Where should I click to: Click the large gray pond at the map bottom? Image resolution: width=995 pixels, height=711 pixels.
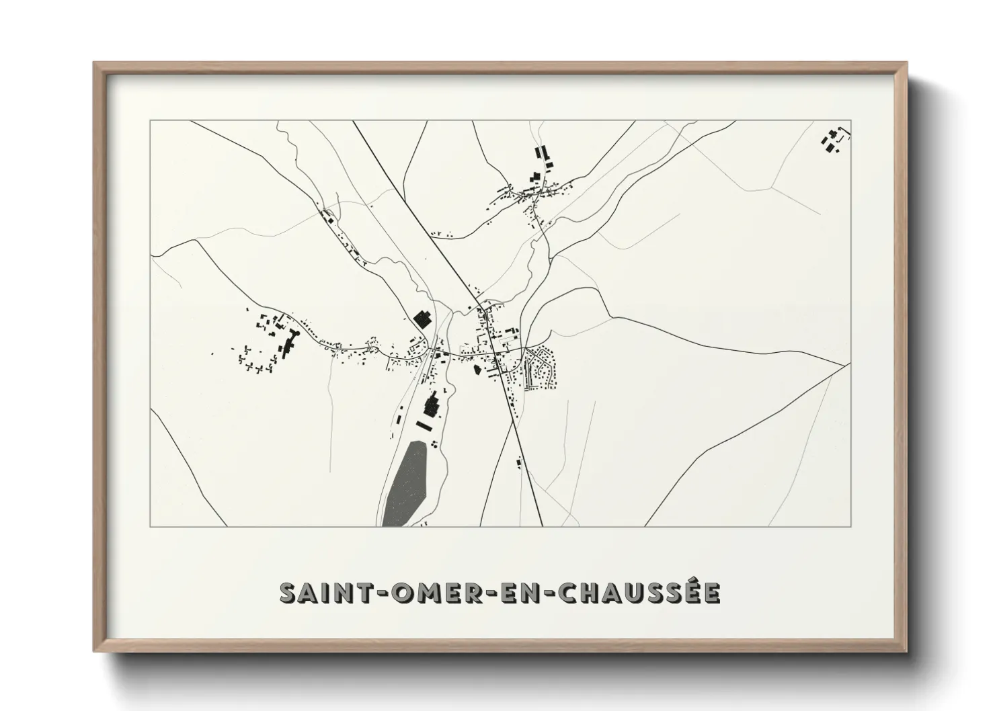(405, 483)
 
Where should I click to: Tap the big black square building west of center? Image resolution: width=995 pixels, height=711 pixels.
(422, 318)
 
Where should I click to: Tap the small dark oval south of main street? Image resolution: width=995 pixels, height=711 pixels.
(477, 369)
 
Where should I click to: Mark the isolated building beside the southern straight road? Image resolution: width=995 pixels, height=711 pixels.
(519, 462)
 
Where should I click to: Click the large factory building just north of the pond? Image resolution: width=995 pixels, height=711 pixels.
(432, 406)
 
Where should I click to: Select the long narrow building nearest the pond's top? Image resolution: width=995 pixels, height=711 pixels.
(424, 425)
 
